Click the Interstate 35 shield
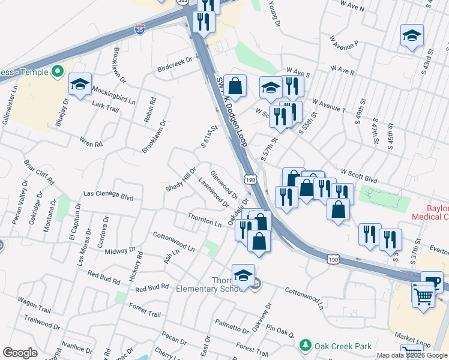click(x=139, y=29)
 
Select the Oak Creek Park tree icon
click(x=306, y=346)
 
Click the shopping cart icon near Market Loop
click(x=423, y=295)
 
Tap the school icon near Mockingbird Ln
click(x=79, y=85)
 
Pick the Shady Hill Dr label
click(x=181, y=179)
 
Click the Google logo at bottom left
click(x=20, y=353)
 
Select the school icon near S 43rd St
click(x=412, y=35)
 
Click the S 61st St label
click(x=208, y=137)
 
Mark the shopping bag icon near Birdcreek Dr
click(x=236, y=85)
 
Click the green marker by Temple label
click(x=57, y=73)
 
